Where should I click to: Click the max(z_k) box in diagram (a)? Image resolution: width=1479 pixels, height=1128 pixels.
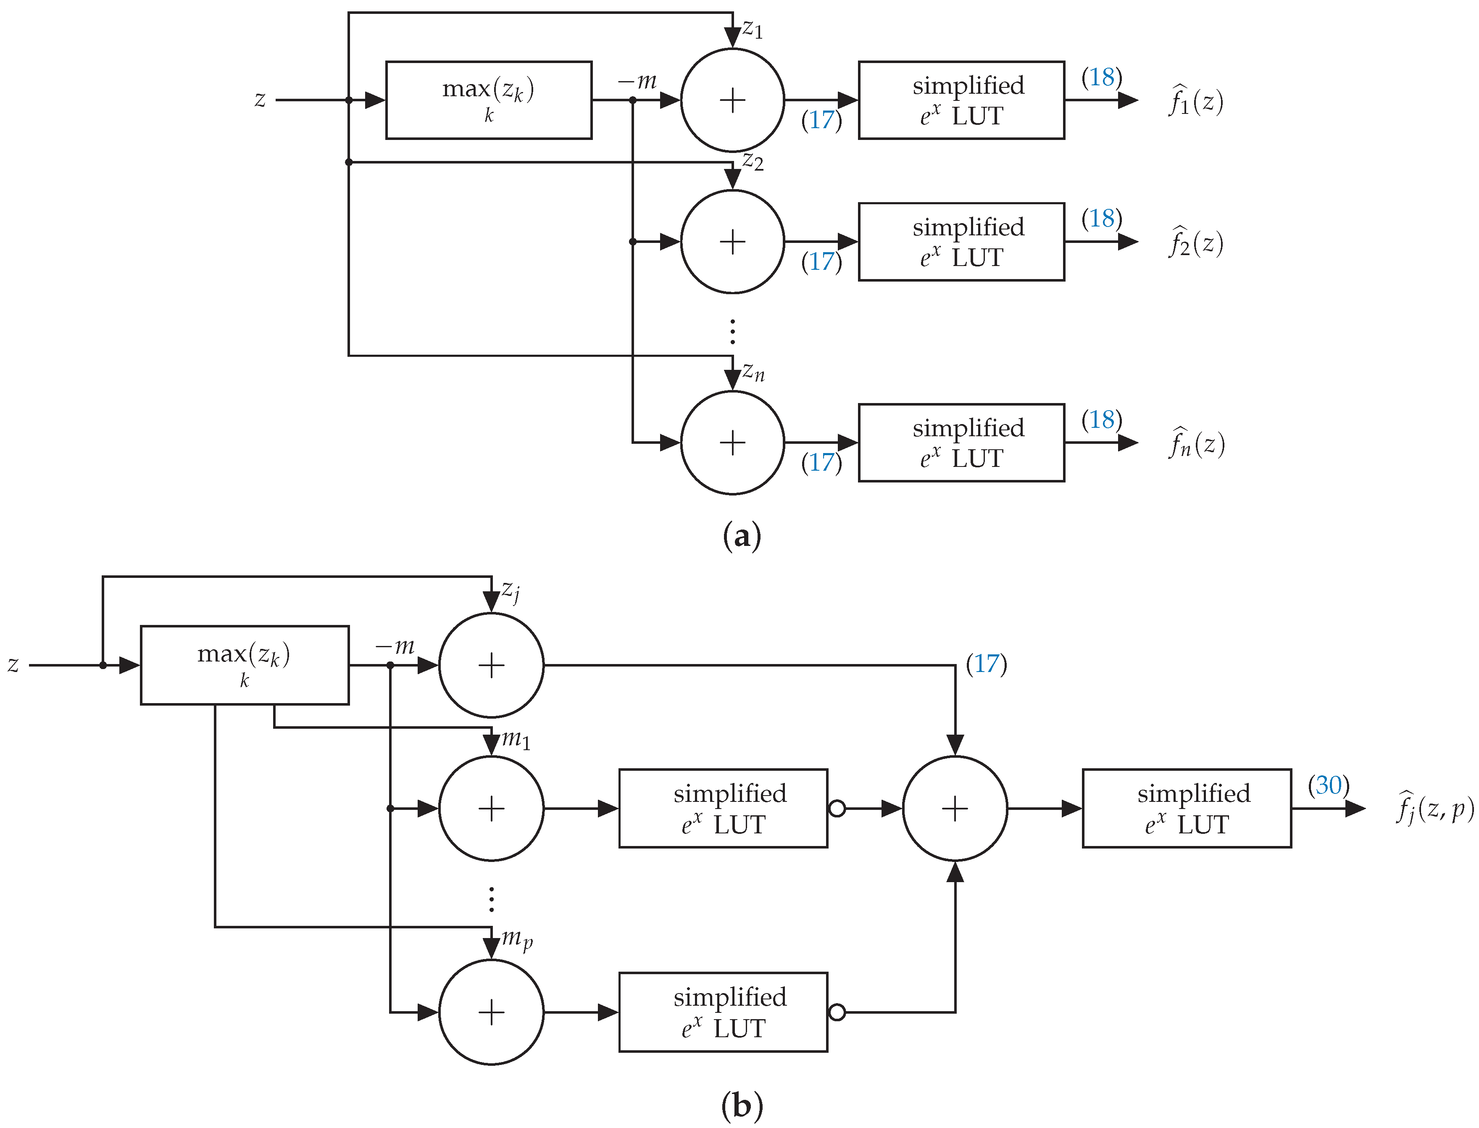488,100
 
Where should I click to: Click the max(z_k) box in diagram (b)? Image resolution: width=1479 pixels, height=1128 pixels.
245,665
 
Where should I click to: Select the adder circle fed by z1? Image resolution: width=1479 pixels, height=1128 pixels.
732,100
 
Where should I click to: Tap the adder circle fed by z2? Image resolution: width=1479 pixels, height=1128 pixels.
732,242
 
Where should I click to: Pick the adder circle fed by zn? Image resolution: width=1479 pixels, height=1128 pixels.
732,443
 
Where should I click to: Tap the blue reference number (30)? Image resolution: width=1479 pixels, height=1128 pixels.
1328,785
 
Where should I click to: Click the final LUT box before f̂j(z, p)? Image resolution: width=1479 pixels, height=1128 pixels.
1186,809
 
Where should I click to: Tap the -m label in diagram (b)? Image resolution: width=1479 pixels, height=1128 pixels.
395,647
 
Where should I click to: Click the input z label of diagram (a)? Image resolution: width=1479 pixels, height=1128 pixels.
260,100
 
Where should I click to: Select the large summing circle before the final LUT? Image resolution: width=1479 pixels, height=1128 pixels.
955,809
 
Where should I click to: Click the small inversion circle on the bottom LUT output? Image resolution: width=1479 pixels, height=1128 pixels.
837,1012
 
